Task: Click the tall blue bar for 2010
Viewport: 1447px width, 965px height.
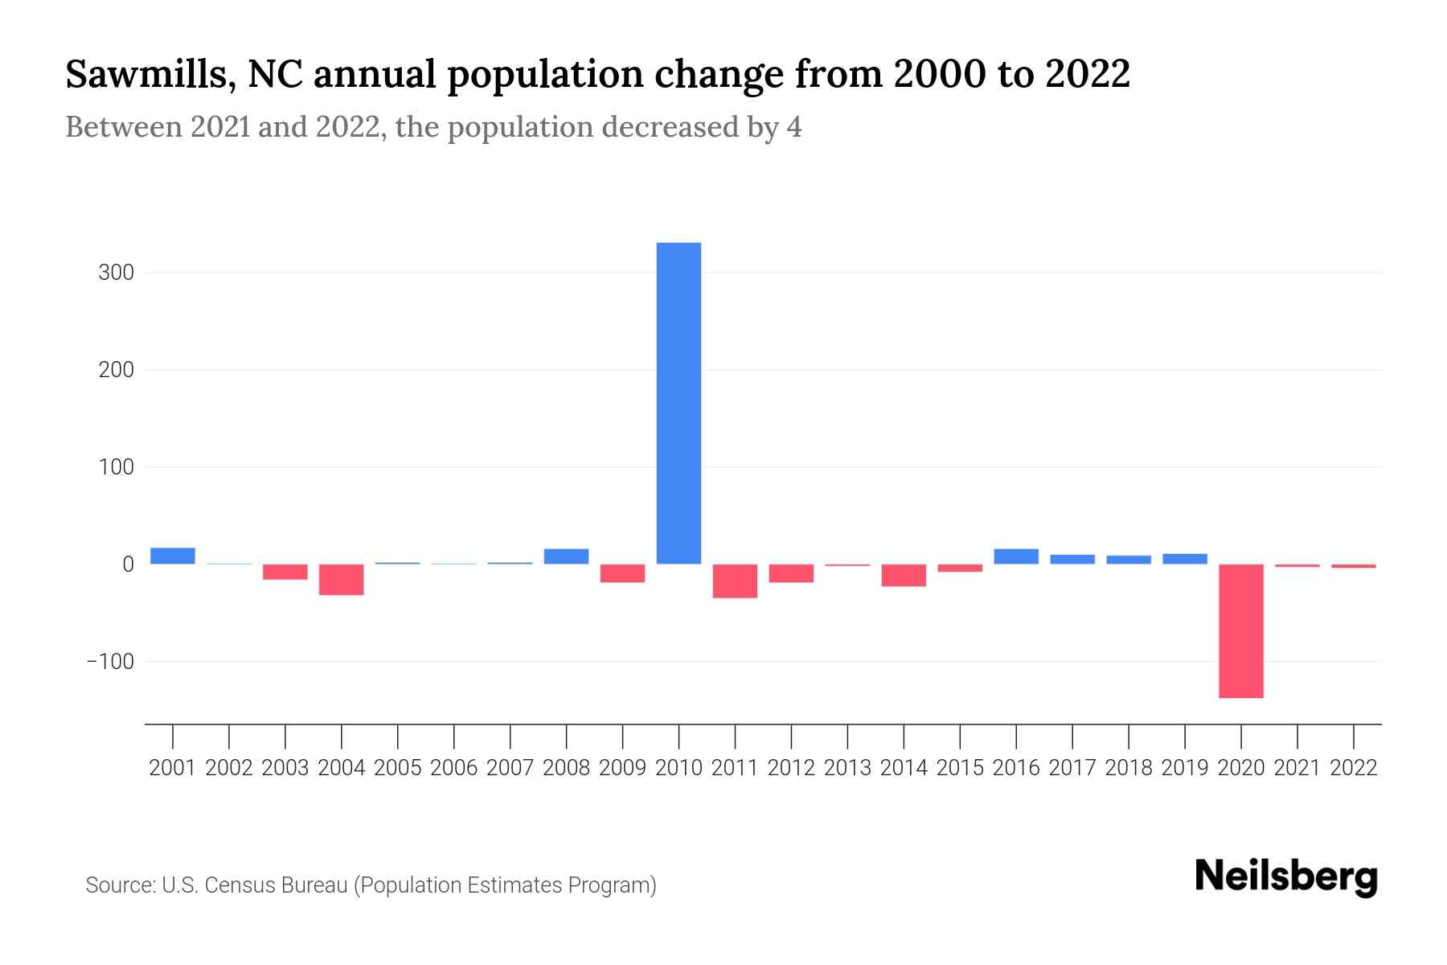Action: tap(678, 402)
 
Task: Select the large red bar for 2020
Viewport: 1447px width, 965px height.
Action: tap(1240, 630)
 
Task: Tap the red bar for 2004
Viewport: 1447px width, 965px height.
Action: tap(341, 579)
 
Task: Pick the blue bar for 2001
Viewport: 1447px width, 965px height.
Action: tap(173, 556)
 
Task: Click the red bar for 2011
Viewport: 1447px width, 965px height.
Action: tap(735, 581)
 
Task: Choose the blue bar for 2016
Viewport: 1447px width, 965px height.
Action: tap(1016, 556)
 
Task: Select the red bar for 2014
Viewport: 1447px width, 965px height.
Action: tap(904, 575)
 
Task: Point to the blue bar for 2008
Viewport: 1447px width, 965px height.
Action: tap(566, 556)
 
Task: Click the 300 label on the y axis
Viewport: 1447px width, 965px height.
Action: tap(116, 273)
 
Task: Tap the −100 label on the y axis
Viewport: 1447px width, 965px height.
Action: tap(110, 661)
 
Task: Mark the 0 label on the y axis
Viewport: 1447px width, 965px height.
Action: tap(127, 565)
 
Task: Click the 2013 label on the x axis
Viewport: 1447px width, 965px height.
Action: tap(847, 768)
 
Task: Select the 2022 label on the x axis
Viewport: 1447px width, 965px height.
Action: tap(1353, 768)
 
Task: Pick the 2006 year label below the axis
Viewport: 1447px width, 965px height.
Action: tap(453, 768)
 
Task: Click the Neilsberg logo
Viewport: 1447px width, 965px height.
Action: tap(1285, 877)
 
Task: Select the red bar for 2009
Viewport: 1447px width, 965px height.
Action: tap(622, 573)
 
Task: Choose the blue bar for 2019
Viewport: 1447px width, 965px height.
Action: tap(1184, 559)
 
